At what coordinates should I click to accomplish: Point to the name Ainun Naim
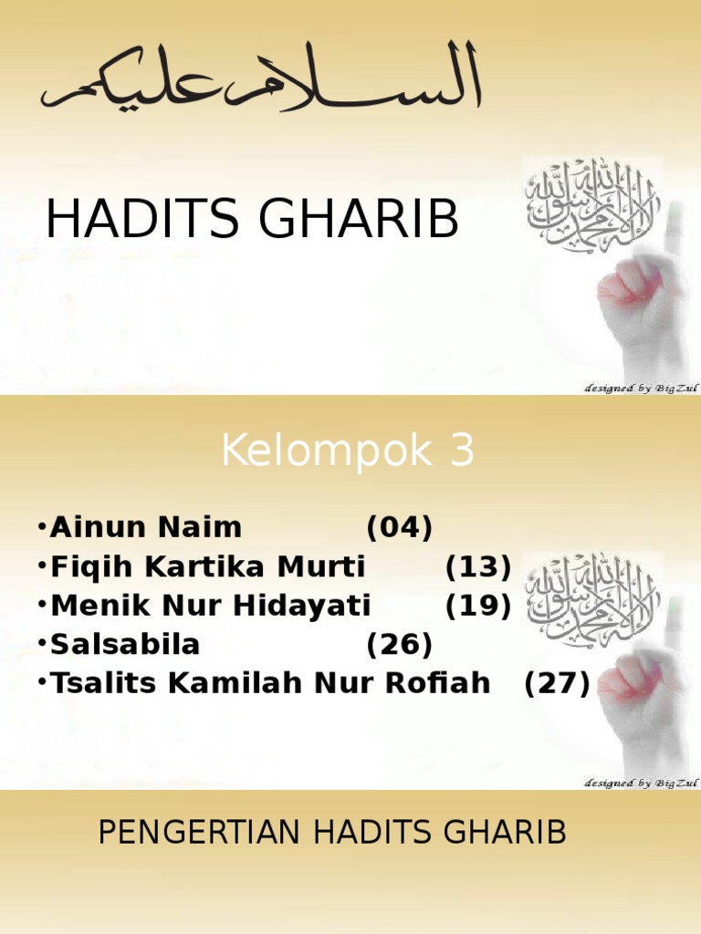pyautogui.click(x=146, y=527)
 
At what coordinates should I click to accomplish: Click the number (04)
pyautogui.click(x=399, y=527)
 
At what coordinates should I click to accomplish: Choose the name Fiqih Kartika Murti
pyautogui.click(x=208, y=567)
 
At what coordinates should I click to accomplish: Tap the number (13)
pyautogui.click(x=478, y=567)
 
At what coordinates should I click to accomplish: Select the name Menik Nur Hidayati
pyautogui.click(x=211, y=606)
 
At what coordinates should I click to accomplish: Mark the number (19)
pyautogui.click(x=478, y=606)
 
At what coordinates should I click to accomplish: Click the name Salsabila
pyautogui.click(x=126, y=645)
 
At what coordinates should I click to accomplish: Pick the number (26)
pyautogui.click(x=399, y=645)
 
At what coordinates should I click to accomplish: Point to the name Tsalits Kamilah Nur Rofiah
pyautogui.click(x=270, y=683)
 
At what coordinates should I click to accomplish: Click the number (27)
pyautogui.click(x=558, y=683)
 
